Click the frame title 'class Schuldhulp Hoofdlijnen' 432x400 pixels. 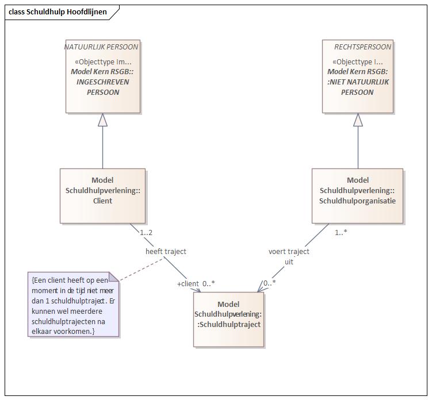[58, 12]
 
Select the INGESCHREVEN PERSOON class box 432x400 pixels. [103, 76]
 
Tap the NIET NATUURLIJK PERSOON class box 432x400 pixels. [358, 76]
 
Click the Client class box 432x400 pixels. [102, 196]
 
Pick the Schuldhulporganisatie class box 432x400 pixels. [357, 196]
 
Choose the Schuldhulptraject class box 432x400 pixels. [228, 320]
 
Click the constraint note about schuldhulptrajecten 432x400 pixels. [73, 304]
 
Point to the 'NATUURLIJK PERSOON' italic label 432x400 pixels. [101, 47]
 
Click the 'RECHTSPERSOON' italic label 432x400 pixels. [362, 47]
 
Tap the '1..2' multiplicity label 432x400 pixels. [146, 233]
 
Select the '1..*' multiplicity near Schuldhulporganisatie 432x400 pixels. [341, 233]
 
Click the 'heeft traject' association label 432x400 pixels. [166, 251]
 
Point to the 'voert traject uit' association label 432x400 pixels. [289, 256]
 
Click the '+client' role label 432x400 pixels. [188, 283]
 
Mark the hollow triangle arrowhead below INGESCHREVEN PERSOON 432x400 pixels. [103, 120]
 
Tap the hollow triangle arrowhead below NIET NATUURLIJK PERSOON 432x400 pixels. [358, 120]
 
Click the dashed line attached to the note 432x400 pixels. [142, 270]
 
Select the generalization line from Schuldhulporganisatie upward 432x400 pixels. [358, 148]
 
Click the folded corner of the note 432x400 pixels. [114, 277]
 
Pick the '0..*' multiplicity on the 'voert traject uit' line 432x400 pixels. [269, 283]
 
